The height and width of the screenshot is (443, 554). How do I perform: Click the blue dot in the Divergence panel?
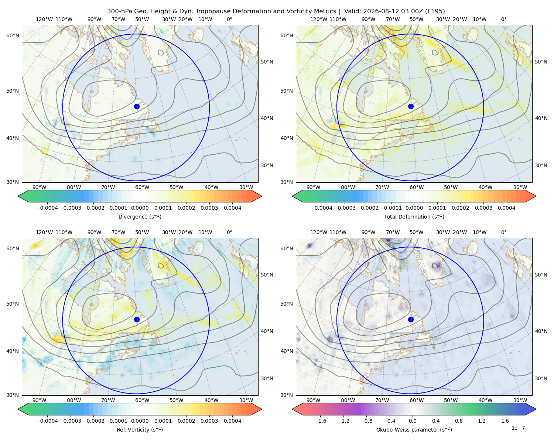137,106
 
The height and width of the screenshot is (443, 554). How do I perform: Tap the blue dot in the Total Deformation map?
411,106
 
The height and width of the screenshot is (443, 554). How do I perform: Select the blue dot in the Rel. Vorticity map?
137,319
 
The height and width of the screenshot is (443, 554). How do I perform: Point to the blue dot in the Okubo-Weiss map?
411,319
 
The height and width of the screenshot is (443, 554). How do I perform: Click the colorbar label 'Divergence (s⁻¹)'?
140,216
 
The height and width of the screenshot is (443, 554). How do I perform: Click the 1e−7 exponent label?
518,428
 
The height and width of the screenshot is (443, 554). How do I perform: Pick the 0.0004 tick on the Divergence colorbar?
232,208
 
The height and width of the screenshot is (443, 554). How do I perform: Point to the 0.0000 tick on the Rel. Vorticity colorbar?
140,420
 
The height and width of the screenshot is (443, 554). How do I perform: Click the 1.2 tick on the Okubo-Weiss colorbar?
482,420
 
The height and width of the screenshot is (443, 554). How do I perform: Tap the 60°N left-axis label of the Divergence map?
13,35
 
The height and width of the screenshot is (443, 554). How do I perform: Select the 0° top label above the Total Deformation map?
503,19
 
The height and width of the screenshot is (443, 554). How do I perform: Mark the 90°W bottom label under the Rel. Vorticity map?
40,400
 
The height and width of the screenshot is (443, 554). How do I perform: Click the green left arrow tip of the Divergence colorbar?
18,196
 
